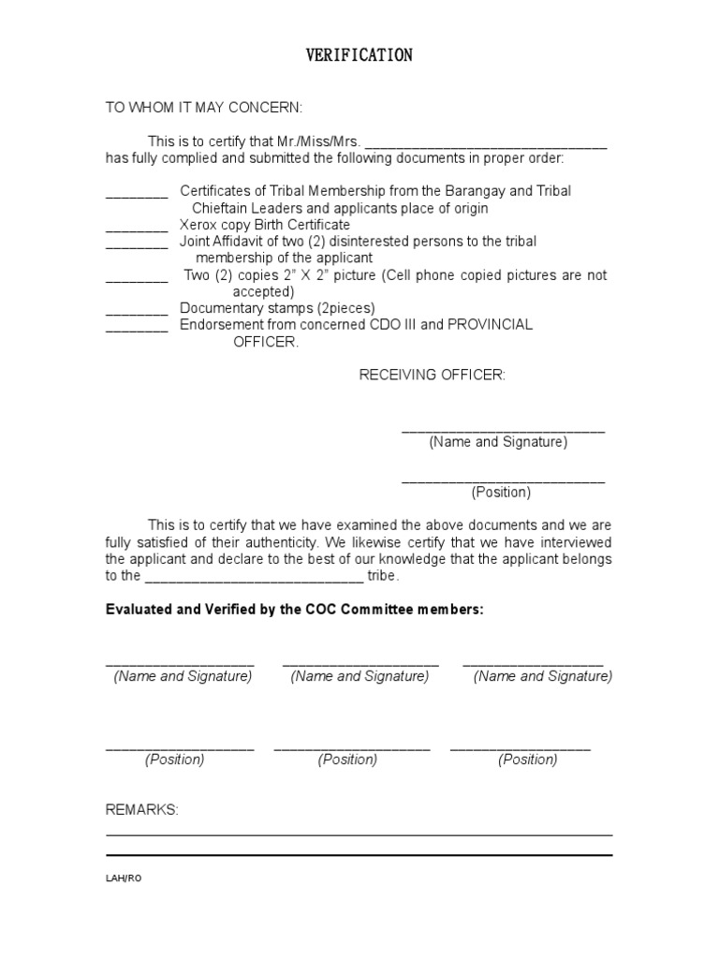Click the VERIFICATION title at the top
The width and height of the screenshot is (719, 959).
click(x=359, y=56)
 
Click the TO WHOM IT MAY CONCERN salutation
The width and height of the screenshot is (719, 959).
click(x=203, y=109)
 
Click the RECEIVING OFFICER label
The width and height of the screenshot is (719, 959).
click(x=433, y=376)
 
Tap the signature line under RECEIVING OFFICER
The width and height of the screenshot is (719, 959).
click(x=503, y=430)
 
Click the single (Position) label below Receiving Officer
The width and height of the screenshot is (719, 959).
click(x=501, y=492)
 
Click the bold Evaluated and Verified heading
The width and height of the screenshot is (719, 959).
click(x=295, y=609)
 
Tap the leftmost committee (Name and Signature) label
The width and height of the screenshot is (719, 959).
click(x=183, y=676)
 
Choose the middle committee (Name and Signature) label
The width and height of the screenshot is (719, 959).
click(x=359, y=676)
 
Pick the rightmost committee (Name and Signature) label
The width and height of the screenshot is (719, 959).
click(x=543, y=676)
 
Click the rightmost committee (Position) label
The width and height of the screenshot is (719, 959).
click(x=527, y=760)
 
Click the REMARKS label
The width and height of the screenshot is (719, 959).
click(x=141, y=809)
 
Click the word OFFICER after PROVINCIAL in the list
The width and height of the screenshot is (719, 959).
click(x=266, y=342)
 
